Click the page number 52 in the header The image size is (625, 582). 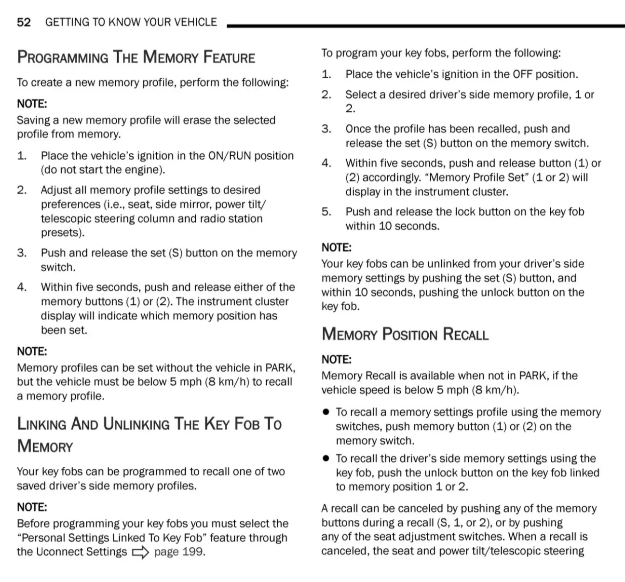24,22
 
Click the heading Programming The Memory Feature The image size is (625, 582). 136,57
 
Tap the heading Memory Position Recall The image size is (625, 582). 405,334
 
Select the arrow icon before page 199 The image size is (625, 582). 140,553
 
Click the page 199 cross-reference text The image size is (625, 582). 179,552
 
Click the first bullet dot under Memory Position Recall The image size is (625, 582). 326,412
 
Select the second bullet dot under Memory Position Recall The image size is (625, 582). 326,459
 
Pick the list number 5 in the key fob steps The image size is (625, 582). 326,212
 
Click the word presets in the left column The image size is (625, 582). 61,233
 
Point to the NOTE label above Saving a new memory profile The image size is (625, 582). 32,104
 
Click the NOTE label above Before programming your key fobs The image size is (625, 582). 32,507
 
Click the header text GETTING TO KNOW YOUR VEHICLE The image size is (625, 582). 131,22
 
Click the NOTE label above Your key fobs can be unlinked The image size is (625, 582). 337,248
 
